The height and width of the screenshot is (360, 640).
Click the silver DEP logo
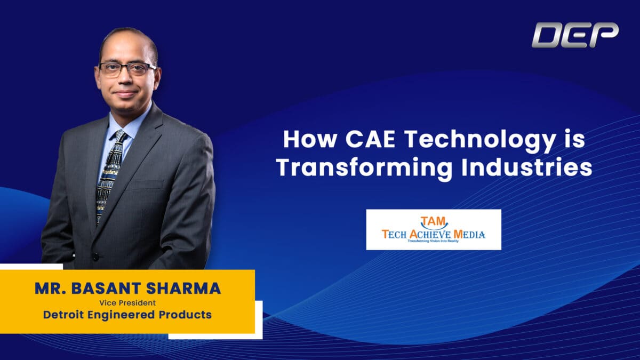click(575, 35)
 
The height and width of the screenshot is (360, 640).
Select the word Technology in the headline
click(480, 142)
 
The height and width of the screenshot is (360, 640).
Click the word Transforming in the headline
click(365, 169)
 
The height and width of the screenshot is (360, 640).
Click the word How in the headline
click(310, 139)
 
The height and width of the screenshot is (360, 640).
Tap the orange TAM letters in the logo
click(433, 221)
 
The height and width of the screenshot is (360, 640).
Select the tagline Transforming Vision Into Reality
click(433, 241)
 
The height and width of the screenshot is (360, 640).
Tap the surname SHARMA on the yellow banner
click(183, 289)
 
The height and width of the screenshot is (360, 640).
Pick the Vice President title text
click(127, 303)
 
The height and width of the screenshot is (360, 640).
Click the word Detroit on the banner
click(63, 315)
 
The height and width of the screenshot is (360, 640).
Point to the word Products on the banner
click(185, 315)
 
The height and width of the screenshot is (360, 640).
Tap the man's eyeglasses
click(127, 69)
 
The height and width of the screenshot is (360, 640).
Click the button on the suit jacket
click(96, 257)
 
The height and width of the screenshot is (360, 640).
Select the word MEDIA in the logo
click(469, 235)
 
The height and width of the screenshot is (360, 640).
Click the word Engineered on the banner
click(121, 315)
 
